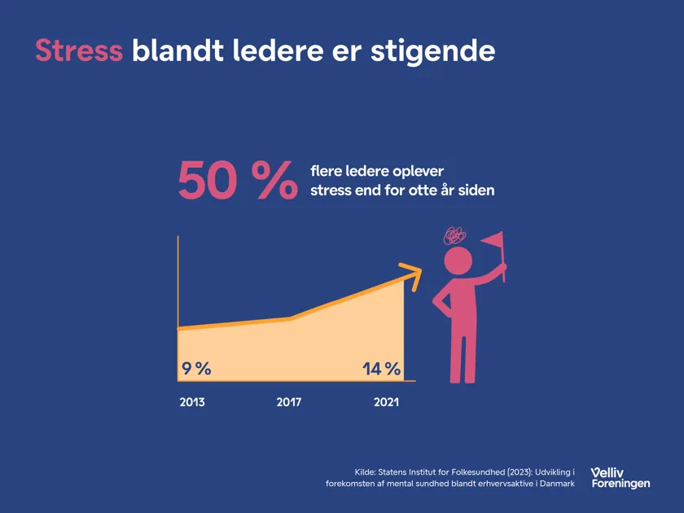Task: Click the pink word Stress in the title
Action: [78, 50]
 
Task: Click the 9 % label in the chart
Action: [195, 369]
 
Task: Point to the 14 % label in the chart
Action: [381, 369]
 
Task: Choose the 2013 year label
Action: [192, 402]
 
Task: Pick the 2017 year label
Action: [289, 402]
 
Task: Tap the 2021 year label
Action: [386, 402]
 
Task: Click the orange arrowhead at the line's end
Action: [414, 276]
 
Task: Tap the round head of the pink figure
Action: [458, 261]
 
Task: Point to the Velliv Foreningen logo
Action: [620, 477]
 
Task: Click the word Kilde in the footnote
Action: [366, 471]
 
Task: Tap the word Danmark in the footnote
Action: [555, 484]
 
